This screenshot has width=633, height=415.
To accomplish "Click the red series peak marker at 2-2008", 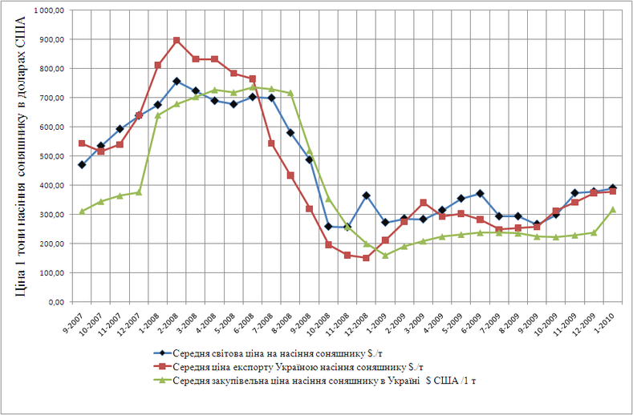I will pyautogui.click(x=177, y=40).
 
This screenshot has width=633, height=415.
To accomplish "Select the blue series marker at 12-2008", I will pyautogui.click(x=365, y=195).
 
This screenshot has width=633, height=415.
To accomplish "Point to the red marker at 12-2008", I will pyautogui.click(x=365, y=258).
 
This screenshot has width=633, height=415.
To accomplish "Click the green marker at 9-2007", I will pyautogui.click(x=82, y=212).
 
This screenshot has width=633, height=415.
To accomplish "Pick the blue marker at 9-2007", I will pyautogui.click(x=82, y=165).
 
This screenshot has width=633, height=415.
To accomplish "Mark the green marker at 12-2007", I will pyautogui.click(x=139, y=192).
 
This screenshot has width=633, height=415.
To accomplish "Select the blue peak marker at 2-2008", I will pyautogui.click(x=177, y=81).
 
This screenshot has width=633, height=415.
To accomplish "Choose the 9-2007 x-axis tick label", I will pyautogui.click(x=77, y=320).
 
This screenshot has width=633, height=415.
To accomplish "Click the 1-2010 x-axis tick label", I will pyautogui.click(x=606, y=320).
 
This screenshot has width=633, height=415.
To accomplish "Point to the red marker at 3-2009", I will pyautogui.click(x=422, y=203).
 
